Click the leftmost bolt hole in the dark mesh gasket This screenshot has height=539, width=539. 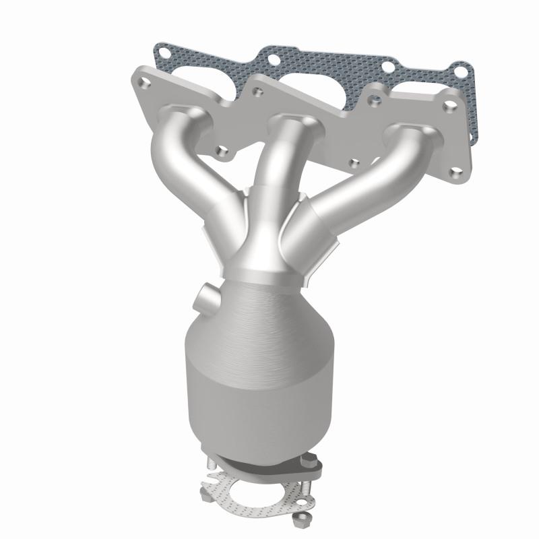[x=162, y=51]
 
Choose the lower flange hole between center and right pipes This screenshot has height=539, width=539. [x=354, y=162]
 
